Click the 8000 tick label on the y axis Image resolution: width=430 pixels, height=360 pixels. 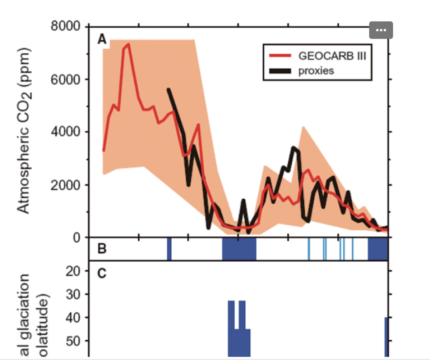pyautogui.click(x=66, y=26)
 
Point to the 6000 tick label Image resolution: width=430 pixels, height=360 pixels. pyautogui.click(x=66, y=79)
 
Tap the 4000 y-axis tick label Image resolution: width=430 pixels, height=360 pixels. pyautogui.click(x=66, y=132)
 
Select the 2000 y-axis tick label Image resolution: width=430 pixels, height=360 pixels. pyautogui.click(x=66, y=185)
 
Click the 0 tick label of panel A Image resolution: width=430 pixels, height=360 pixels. pyautogui.click(x=76, y=238)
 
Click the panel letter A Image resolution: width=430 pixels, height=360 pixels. pyautogui.click(x=102, y=39)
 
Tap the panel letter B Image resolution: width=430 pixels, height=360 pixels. pyautogui.click(x=102, y=249)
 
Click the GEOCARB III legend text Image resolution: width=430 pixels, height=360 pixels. pyautogui.click(x=329, y=55)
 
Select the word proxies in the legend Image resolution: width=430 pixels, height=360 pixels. pyautogui.click(x=316, y=71)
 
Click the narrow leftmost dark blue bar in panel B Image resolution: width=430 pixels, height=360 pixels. pyautogui.click(x=169, y=249)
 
